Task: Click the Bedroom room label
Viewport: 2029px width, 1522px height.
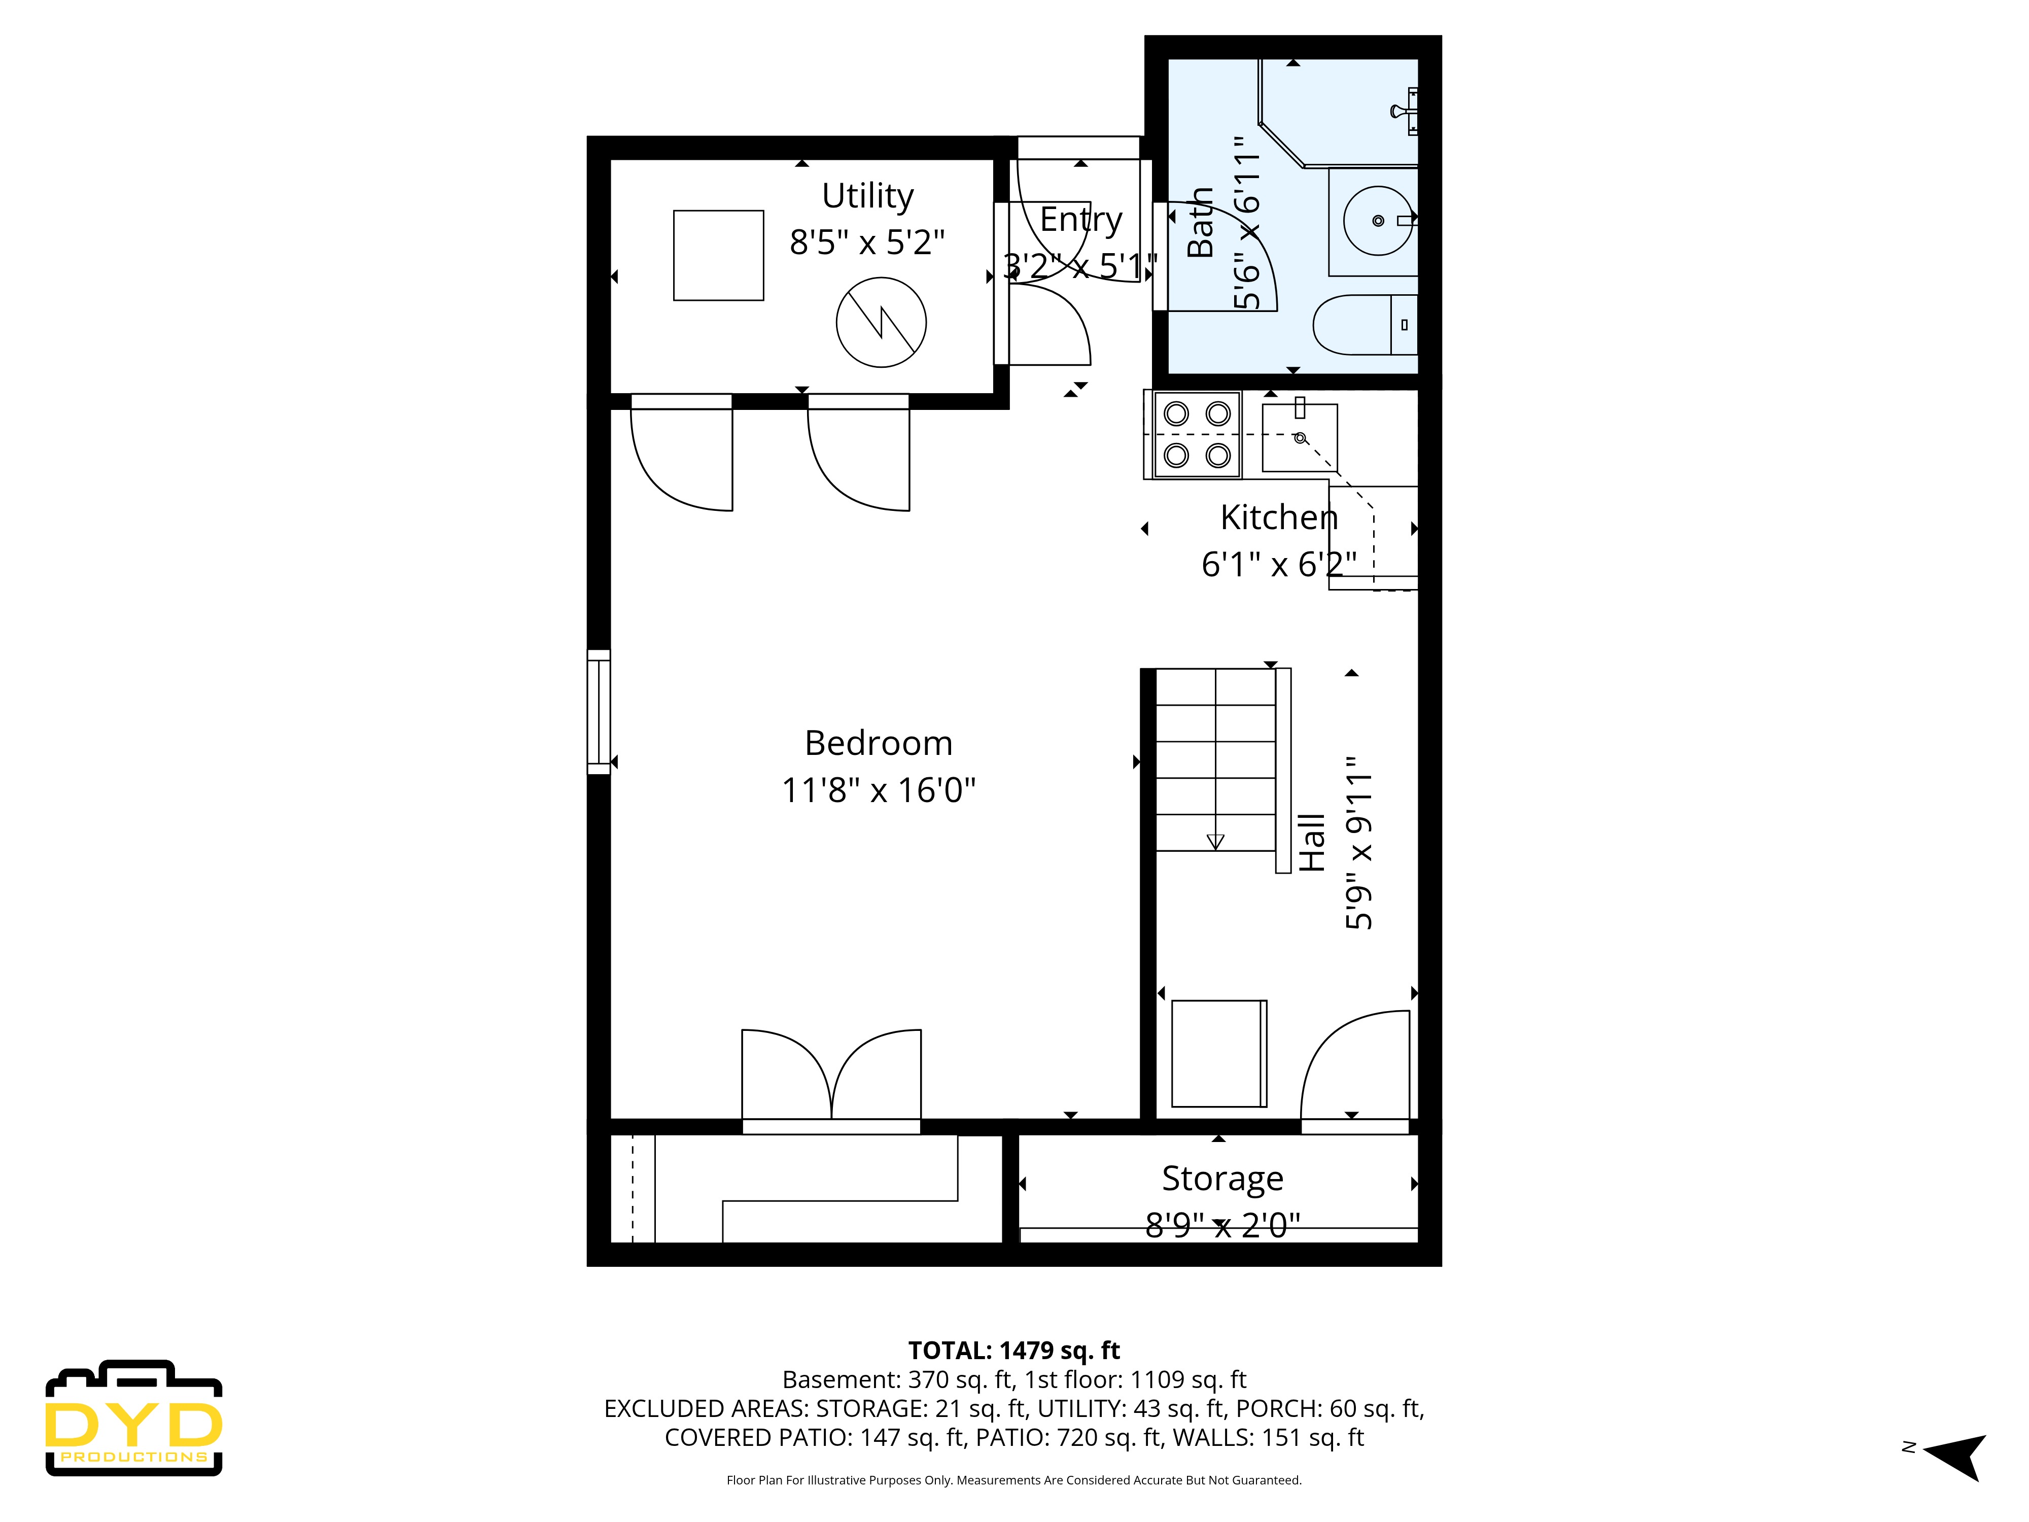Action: tap(878, 743)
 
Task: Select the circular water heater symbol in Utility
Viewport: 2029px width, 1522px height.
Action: tap(881, 322)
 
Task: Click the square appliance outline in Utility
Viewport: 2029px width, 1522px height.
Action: tap(718, 255)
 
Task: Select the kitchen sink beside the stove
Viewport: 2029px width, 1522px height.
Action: tap(1299, 438)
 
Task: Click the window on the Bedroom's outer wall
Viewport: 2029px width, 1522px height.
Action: tap(598, 712)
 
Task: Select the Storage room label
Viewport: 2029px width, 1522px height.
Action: tap(1222, 1178)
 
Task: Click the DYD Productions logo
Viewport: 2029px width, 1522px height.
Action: tap(134, 1419)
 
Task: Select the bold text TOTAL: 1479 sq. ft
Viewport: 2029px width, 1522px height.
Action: tap(1013, 1351)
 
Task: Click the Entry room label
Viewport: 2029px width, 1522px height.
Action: tap(1080, 219)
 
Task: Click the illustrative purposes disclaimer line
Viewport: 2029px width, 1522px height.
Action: tap(1013, 1480)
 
